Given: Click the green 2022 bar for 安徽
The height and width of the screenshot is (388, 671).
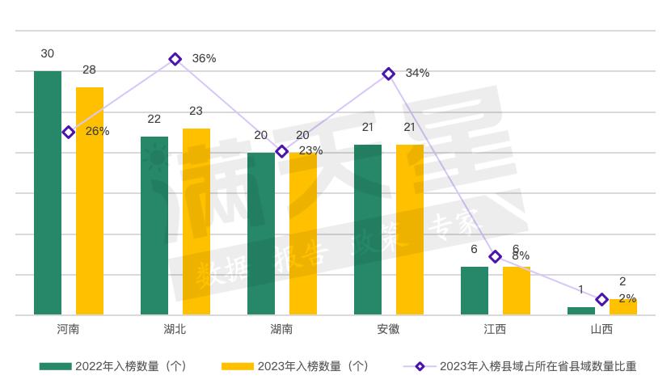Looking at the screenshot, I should click(368, 230).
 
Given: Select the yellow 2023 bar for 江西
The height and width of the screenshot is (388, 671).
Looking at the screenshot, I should click(517, 290).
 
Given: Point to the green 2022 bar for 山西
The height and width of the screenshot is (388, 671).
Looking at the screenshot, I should click(581, 310).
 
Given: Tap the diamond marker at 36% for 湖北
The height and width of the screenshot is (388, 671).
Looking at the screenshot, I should click(175, 59).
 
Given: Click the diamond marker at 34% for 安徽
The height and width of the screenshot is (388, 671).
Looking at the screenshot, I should click(389, 74).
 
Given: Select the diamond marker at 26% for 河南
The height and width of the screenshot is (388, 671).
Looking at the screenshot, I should click(69, 132).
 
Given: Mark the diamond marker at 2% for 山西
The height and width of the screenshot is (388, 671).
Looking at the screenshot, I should click(601, 300).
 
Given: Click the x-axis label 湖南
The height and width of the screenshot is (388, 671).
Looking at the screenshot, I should click(281, 330).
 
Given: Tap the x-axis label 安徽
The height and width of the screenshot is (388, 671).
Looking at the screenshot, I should click(388, 330).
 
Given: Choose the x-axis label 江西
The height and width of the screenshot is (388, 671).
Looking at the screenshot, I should click(495, 330).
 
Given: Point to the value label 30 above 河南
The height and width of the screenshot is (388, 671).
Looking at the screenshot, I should click(48, 53).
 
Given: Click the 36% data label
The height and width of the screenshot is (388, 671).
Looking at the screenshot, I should click(204, 58).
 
